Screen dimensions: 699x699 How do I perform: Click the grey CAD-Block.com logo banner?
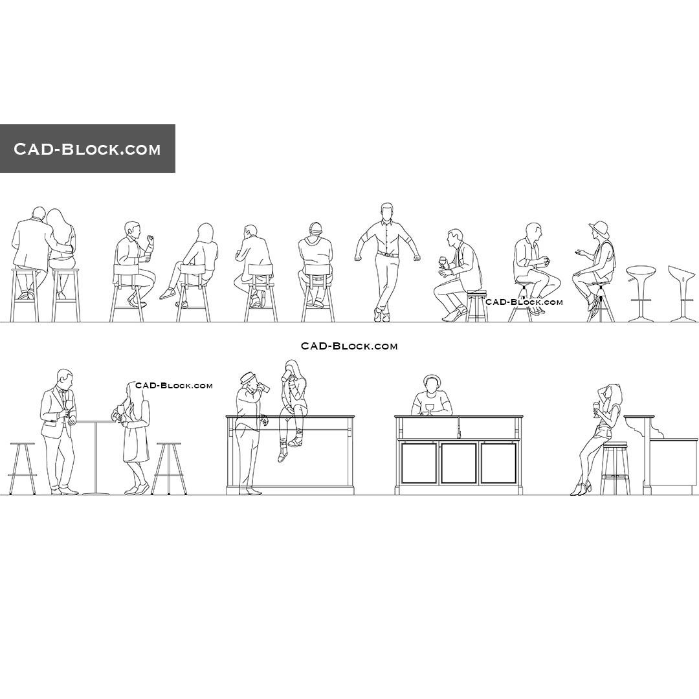(87, 148)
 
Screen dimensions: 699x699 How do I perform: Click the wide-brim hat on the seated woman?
(599, 228)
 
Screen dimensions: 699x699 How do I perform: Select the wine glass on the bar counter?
(429, 409)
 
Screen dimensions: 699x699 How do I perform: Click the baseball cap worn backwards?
(315, 228)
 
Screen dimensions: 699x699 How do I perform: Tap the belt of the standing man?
(387, 254)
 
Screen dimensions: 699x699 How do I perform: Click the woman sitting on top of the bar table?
(293, 408)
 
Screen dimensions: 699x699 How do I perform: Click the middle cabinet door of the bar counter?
(459, 462)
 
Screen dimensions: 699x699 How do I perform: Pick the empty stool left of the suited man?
(22, 467)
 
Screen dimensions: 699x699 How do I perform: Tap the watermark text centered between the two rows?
(349, 346)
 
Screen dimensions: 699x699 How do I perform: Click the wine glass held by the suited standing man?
(69, 406)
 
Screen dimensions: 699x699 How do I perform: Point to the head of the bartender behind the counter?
(431, 383)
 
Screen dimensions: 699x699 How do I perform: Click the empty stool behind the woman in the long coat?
(169, 467)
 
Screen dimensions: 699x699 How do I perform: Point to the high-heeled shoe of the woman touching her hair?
(579, 489)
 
